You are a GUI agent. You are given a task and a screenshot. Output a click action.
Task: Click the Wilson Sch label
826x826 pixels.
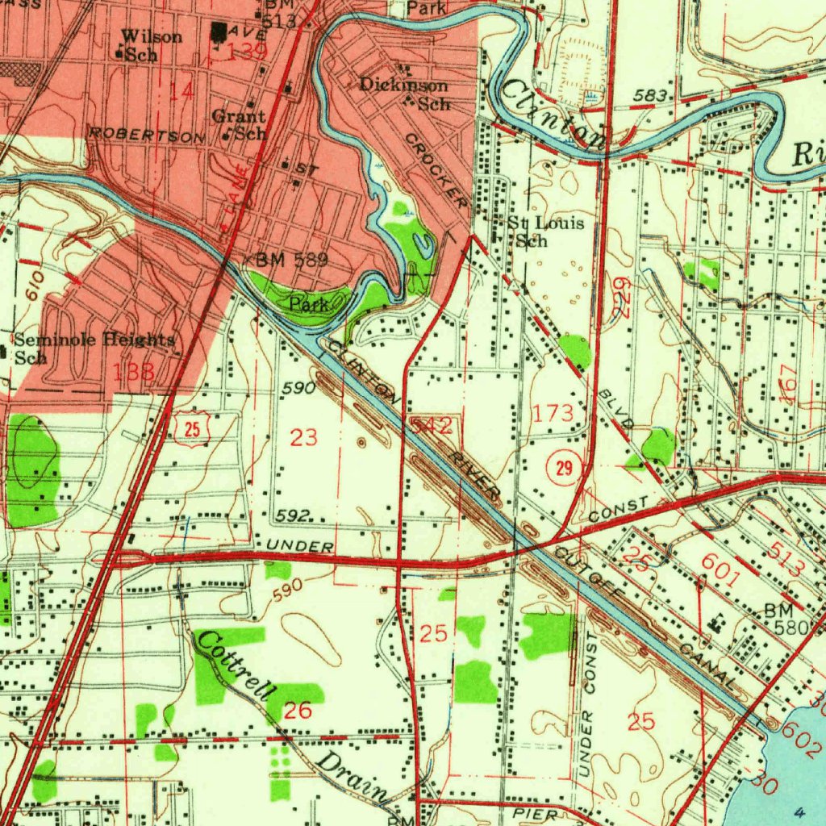(150, 45)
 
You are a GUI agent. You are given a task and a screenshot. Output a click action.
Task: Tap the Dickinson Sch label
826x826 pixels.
(404, 94)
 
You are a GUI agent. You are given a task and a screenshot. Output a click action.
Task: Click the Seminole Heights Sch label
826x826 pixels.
(94, 348)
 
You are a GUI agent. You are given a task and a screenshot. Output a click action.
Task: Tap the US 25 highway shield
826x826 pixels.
(192, 429)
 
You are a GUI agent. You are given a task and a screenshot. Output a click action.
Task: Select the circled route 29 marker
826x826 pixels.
(563, 469)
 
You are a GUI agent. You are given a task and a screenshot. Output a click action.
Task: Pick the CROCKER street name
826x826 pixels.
(436, 169)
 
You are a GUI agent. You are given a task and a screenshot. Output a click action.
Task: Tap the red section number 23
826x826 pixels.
(304, 438)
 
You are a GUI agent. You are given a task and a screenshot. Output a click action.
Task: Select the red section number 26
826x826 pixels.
(297, 711)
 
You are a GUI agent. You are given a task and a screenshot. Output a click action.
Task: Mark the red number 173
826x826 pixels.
(553, 414)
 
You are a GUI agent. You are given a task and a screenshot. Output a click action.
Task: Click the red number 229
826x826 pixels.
(621, 298)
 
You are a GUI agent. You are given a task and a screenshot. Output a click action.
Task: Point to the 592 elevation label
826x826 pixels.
(292, 515)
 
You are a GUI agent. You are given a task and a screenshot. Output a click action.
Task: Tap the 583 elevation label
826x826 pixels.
(649, 97)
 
